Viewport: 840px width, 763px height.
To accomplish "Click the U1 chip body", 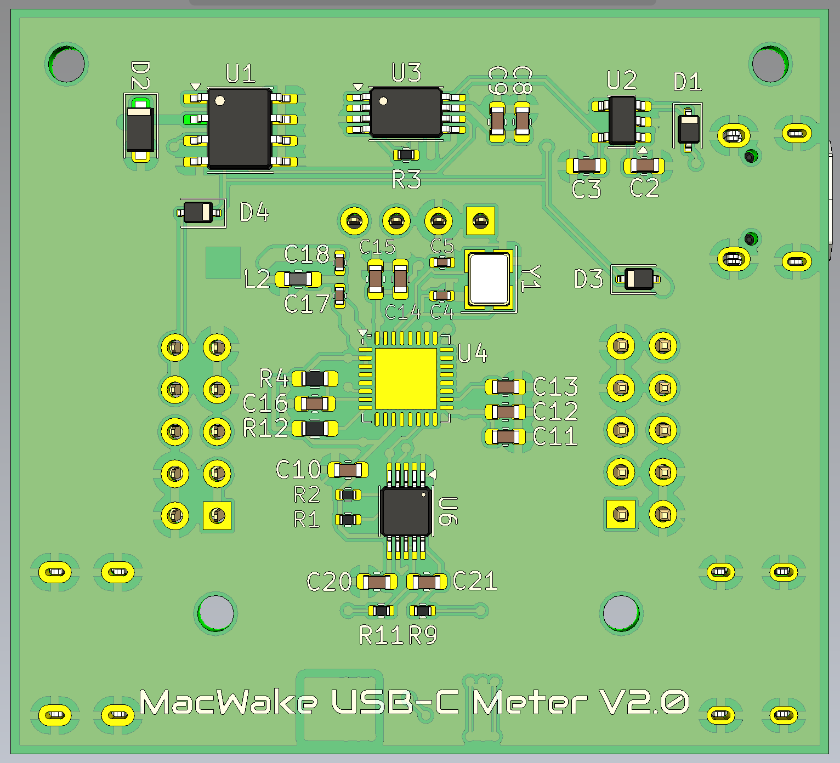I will [x=240, y=128].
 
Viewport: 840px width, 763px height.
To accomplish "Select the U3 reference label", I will [x=406, y=73].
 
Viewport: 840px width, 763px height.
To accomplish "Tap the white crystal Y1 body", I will [x=489, y=279].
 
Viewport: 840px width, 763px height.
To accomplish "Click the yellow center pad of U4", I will [x=406, y=378].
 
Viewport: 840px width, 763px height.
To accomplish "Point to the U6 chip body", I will [x=406, y=511].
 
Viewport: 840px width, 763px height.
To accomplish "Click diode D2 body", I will [x=140, y=129].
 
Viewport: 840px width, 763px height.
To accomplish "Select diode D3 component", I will [x=639, y=279].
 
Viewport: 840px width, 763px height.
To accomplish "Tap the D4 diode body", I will [x=198, y=212].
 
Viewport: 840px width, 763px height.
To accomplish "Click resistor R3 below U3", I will [x=406, y=155].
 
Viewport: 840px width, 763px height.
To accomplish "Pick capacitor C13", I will [x=505, y=386].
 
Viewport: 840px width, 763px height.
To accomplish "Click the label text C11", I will [x=555, y=437].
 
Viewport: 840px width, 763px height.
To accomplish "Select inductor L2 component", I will [x=298, y=279].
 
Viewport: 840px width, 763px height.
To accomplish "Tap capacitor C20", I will [x=377, y=582].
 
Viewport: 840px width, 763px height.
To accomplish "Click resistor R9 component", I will [x=422, y=610].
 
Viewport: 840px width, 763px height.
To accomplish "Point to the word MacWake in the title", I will [x=229, y=702].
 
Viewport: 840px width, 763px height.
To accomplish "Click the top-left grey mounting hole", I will [x=67, y=64].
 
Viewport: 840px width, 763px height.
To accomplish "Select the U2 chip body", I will [x=622, y=121].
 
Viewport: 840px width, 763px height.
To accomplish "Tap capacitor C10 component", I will [x=348, y=470].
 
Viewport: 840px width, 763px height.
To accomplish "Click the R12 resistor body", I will [x=315, y=428].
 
